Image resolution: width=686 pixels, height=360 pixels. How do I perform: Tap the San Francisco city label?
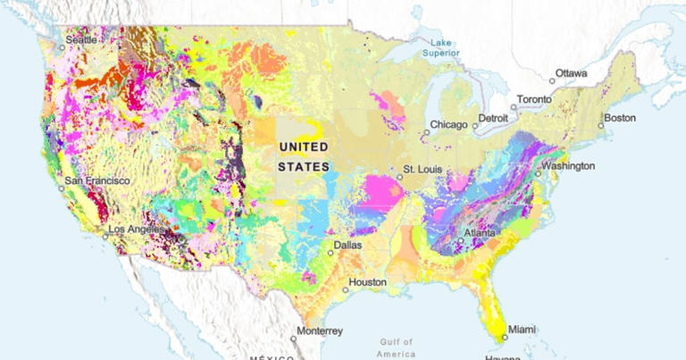tap(96, 180)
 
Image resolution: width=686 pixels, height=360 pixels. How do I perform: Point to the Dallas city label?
tap(347, 245)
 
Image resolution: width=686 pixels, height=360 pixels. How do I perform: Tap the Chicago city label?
tap(448, 124)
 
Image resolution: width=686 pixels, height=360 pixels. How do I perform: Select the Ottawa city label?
tap(572, 73)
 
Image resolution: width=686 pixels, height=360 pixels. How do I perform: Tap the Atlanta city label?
tap(479, 233)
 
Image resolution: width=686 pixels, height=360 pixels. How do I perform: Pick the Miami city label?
tap(523, 330)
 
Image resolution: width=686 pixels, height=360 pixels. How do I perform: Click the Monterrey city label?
tap(319, 331)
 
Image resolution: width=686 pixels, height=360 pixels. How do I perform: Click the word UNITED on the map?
tap(304, 147)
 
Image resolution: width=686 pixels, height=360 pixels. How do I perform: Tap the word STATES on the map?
tap(304, 167)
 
